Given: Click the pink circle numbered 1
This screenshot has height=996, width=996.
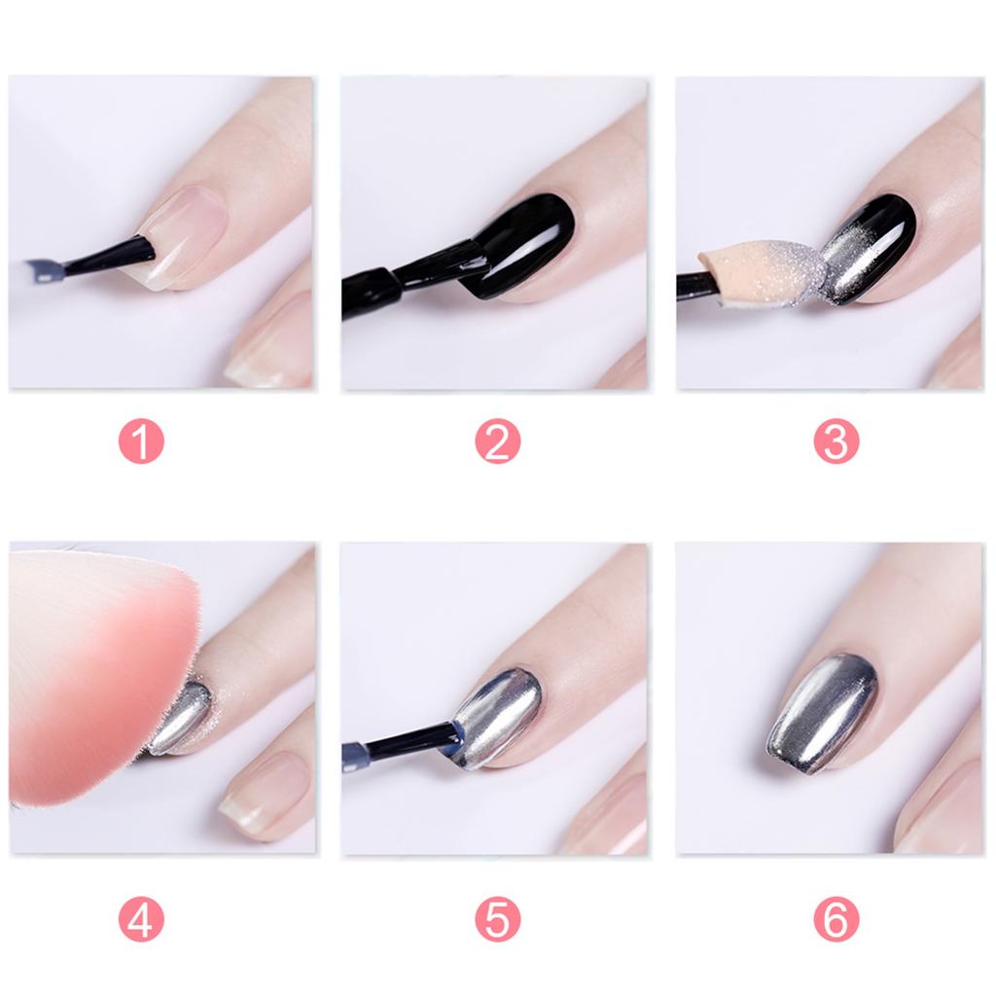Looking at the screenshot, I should coord(141,443).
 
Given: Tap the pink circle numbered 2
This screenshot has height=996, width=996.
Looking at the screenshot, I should coord(497,443).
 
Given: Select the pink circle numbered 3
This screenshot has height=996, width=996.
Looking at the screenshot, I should coord(836,443).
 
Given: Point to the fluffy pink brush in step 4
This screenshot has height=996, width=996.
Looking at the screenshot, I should coord(97,671).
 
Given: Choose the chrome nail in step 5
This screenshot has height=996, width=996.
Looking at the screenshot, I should coord(496,715).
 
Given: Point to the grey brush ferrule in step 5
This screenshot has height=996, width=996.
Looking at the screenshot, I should coord(355,756).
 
